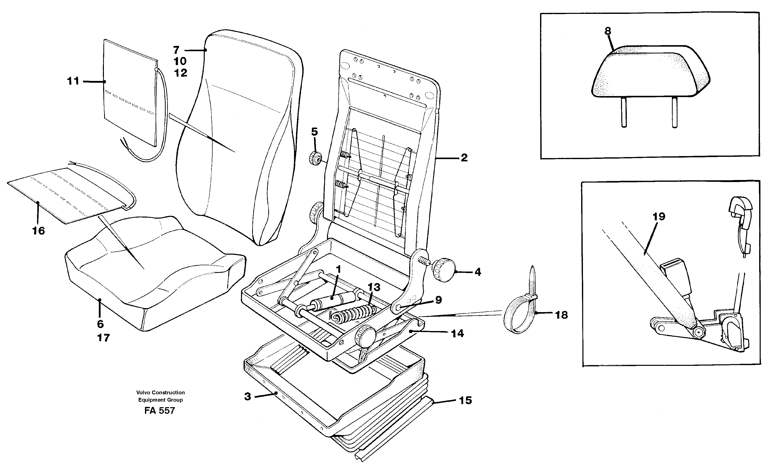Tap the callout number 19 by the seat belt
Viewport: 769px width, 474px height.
tap(659, 217)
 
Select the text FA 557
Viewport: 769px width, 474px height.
tap(160, 410)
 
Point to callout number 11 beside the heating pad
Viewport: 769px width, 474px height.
tap(73, 81)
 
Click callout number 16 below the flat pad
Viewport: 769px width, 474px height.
tap(39, 231)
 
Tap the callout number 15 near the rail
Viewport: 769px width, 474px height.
tap(465, 400)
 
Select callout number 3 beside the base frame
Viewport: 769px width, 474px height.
tap(248, 397)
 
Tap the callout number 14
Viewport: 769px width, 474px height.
tap(457, 334)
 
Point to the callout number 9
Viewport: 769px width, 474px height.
tap(438, 300)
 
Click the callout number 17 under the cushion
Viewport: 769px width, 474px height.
tap(103, 338)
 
